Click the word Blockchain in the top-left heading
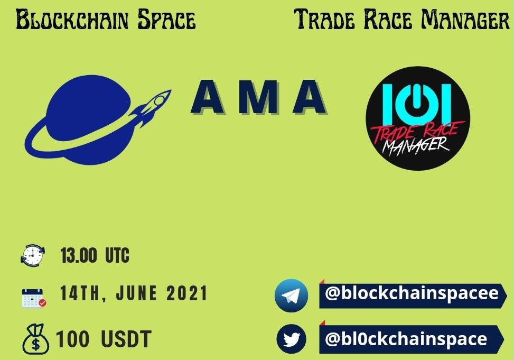click(x=72, y=20)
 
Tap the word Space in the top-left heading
click(x=166, y=20)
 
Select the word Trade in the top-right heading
click(x=324, y=19)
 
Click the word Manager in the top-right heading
click(x=465, y=19)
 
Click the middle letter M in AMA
click(x=259, y=97)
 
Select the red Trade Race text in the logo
click(x=418, y=133)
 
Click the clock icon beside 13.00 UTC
click(x=32, y=255)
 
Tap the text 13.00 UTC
click(x=95, y=255)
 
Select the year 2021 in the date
click(x=187, y=293)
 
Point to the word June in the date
click(x=136, y=293)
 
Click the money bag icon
click(x=35, y=339)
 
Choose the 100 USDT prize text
click(x=104, y=339)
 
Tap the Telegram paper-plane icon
click(x=291, y=296)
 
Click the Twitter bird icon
click(x=291, y=339)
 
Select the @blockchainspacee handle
click(x=412, y=293)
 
